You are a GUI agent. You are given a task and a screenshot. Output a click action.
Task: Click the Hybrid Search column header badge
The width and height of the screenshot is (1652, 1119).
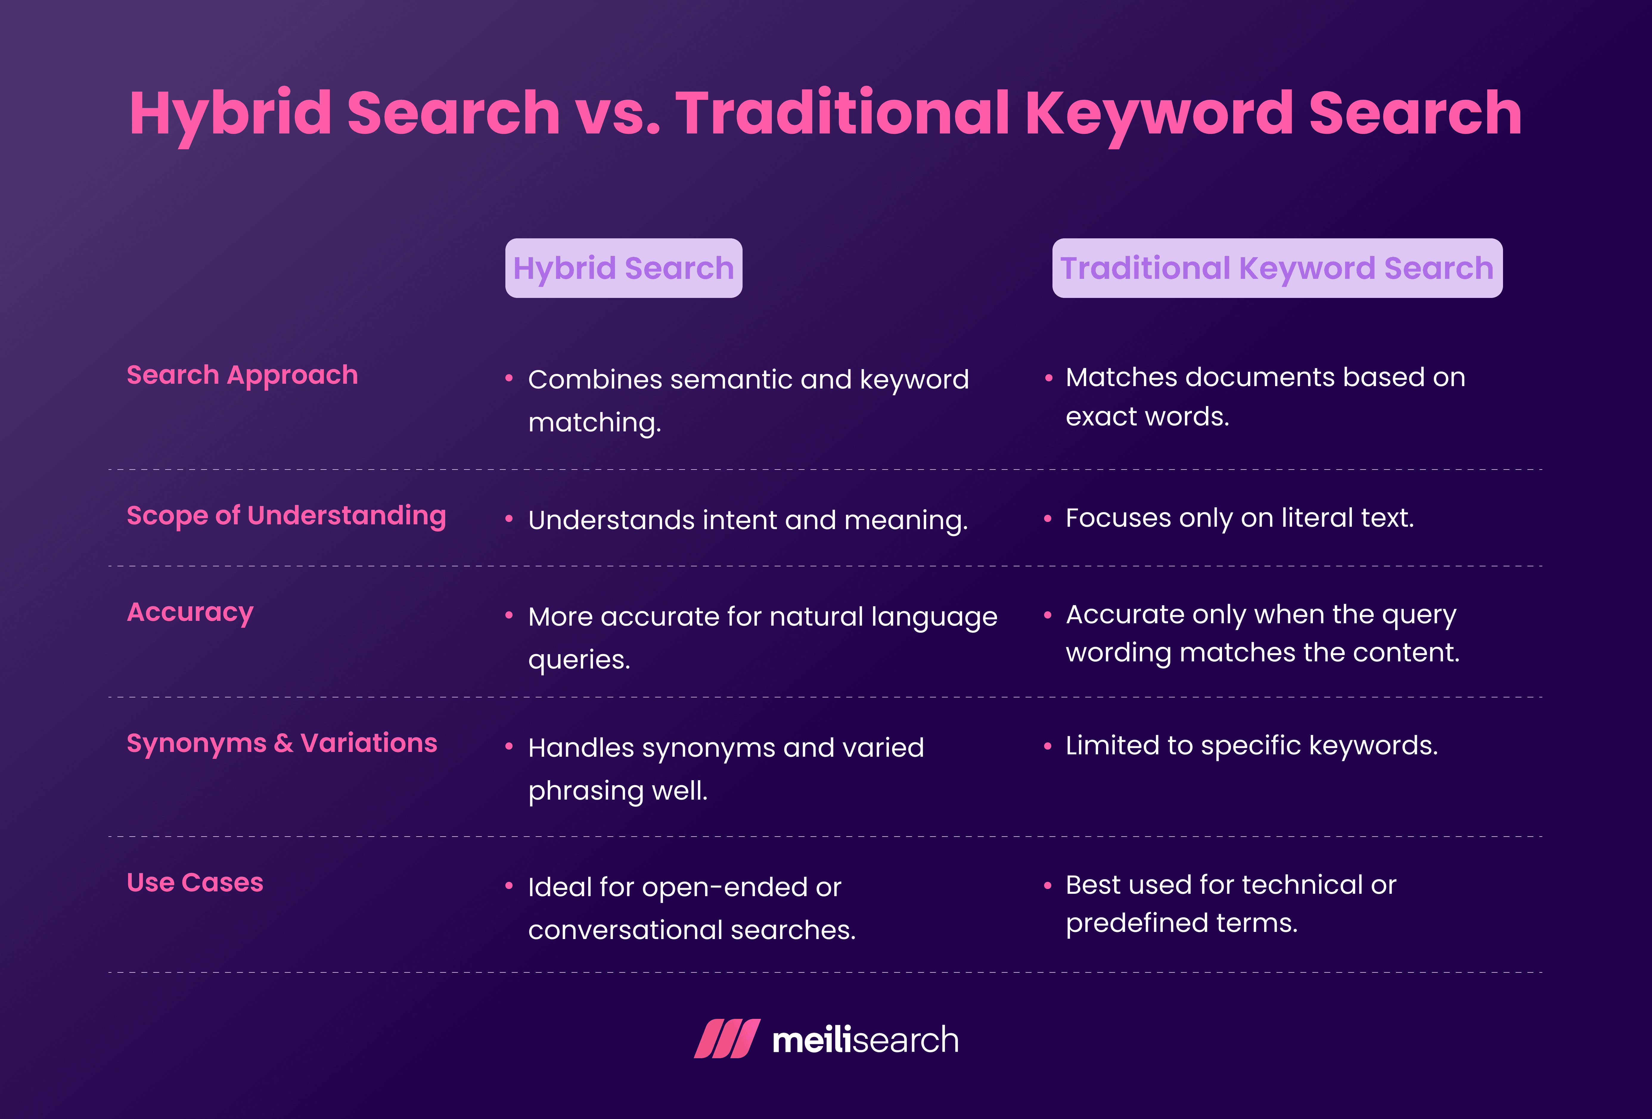pos(623,268)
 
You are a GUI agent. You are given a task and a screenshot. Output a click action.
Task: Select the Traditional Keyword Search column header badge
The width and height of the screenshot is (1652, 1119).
pos(1277,268)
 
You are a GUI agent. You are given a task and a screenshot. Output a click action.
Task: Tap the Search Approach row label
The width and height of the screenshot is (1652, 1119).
pos(242,375)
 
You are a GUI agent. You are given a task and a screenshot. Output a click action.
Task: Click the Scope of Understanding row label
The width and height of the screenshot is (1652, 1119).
pos(286,515)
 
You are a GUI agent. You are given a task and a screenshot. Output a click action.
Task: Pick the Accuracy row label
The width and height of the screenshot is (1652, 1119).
pos(190,612)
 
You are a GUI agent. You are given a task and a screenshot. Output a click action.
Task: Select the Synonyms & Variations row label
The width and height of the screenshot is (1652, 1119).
pos(282,743)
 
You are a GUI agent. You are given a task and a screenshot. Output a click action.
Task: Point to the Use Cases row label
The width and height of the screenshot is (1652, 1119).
pos(195,882)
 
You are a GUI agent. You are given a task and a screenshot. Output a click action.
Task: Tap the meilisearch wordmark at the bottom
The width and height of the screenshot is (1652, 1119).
pos(865,1040)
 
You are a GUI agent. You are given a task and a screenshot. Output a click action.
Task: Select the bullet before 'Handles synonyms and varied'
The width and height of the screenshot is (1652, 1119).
pos(509,747)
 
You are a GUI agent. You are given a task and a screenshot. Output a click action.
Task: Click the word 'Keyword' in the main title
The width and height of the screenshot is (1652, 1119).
pos(1159,114)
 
